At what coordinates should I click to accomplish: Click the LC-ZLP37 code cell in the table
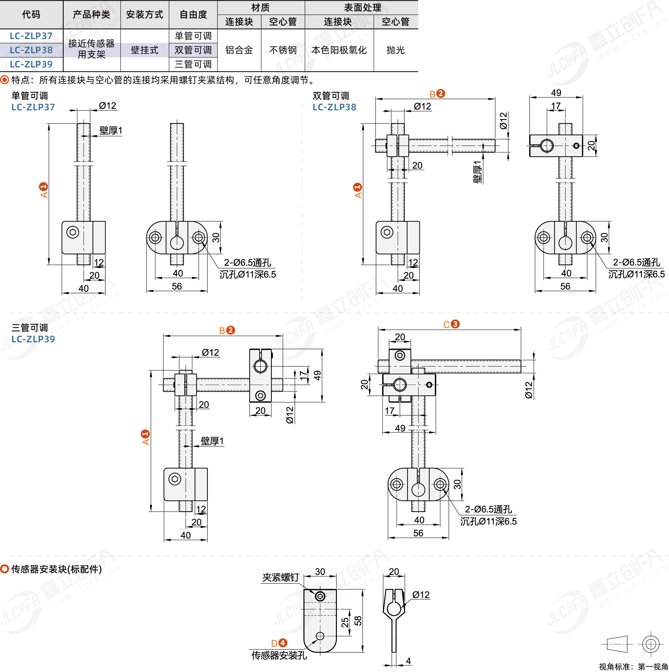point(31,36)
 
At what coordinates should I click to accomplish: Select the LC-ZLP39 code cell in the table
point(31,64)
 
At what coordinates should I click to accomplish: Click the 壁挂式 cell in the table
point(144,50)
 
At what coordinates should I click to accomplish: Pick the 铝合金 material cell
point(239,50)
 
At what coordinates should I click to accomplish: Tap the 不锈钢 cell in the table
point(283,50)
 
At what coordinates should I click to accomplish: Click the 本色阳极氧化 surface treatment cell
point(339,50)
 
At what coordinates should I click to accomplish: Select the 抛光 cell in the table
point(395,50)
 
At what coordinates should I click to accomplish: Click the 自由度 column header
point(193,14)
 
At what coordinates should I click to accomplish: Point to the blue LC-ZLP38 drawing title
point(334,107)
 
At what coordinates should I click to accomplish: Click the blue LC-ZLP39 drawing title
point(33,339)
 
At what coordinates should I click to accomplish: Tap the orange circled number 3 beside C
point(455,324)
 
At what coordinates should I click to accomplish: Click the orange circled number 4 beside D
point(283,643)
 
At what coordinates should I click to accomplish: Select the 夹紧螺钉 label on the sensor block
point(280,577)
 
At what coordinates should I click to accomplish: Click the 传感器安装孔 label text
point(279,655)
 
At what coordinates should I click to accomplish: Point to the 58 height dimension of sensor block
point(358,621)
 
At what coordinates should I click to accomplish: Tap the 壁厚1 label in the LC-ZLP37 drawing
point(111,130)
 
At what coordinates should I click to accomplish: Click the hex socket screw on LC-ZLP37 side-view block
point(73,232)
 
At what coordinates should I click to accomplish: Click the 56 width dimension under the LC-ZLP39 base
point(418,533)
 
